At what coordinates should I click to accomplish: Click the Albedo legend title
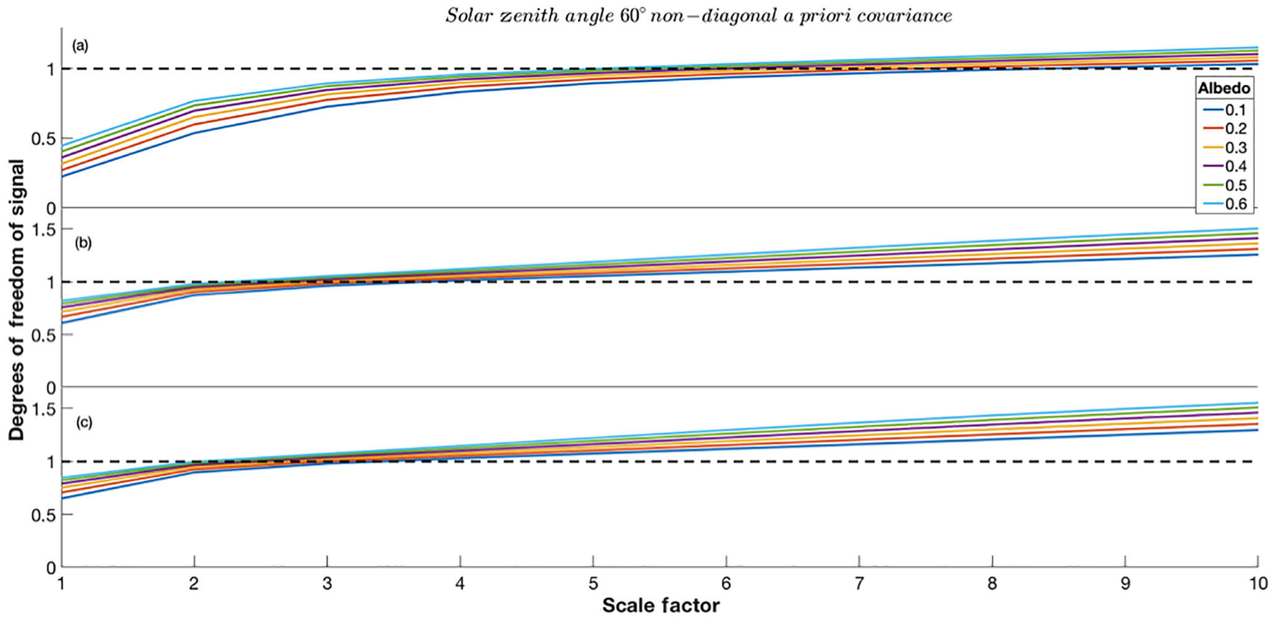coord(1224,88)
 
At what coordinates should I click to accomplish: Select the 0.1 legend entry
coord(1235,111)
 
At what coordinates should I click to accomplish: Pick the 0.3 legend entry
coord(1235,148)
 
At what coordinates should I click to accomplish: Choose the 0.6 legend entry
coord(1235,204)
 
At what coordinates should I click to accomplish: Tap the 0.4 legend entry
coord(1235,167)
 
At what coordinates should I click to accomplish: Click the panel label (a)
coord(80,46)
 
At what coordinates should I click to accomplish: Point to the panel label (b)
coord(83,243)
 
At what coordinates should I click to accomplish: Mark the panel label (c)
coord(83,422)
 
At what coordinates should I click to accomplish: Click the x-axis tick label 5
coord(593,584)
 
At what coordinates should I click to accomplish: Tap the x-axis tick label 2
coord(194,584)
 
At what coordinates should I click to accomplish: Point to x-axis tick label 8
coord(992,584)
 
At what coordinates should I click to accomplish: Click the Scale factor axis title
coord(661,605)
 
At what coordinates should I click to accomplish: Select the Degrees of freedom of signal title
coord(17,300)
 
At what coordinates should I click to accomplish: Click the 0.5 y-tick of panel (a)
coord(43,139)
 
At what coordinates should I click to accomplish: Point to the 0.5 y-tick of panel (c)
coord(43,515)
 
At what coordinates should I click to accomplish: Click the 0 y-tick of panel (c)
coord(51,568)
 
